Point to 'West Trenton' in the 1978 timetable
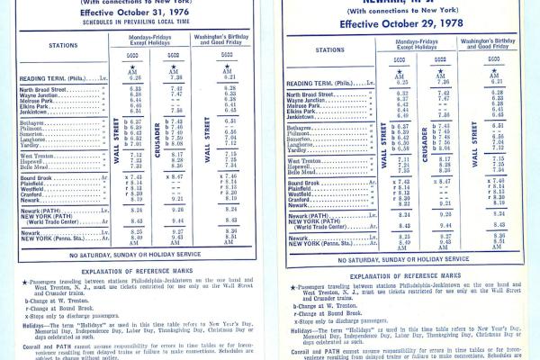(310, 158)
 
